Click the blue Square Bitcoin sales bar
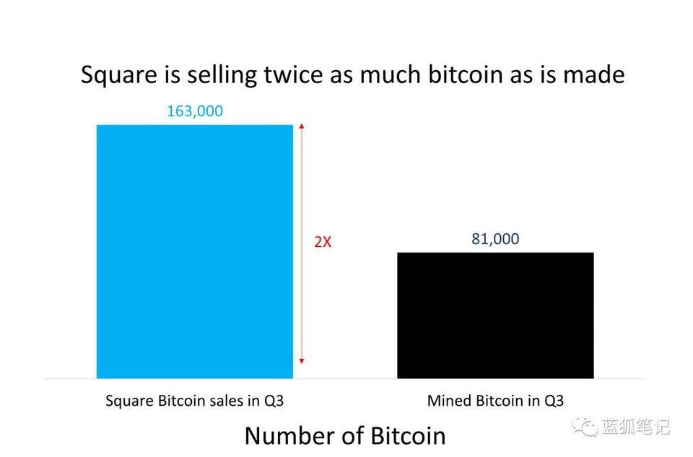pyautogui.click(x=194, y=251)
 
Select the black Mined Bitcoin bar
pyautogui.click(x=495, y=315)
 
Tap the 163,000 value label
pyautogui.click(x=195, y=111)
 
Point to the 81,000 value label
pyautogui.click(x=495, y=239)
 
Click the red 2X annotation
pyautogui.click(x=323, y=243)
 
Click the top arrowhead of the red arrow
pyautogui.click(x=302, y=127)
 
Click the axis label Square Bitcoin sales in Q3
pyautogui.click(x=194, y=400)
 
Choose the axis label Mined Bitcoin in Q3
pyautogui.click(x=495, y=400)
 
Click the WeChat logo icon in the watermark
pyautogui.click(x=585, y=427)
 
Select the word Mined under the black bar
pyautogui.click(x=447, y=400)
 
